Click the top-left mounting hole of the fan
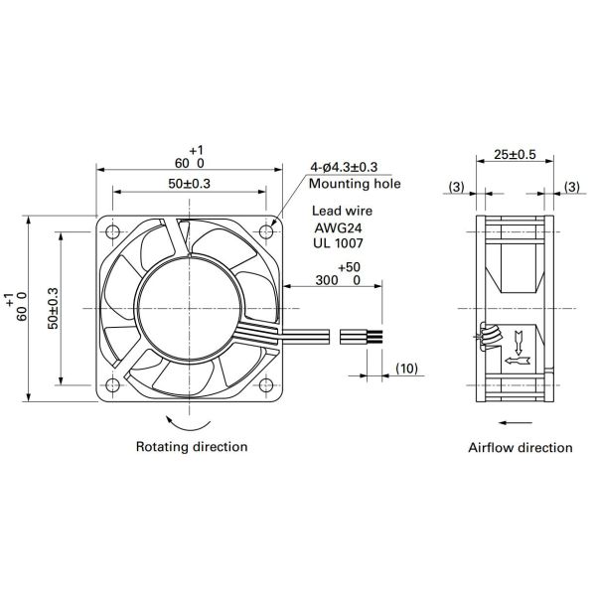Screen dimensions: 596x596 coord(110,231)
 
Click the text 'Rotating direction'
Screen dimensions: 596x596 coord(191,447)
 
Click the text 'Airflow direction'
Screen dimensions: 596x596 coord(521,448)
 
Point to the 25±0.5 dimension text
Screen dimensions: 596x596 coord(515,154)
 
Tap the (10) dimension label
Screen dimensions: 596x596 coord(407,369)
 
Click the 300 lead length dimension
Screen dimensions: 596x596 coord(333,281)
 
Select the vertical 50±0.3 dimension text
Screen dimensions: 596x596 coord(54,308)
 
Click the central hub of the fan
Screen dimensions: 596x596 coord(188,308)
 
